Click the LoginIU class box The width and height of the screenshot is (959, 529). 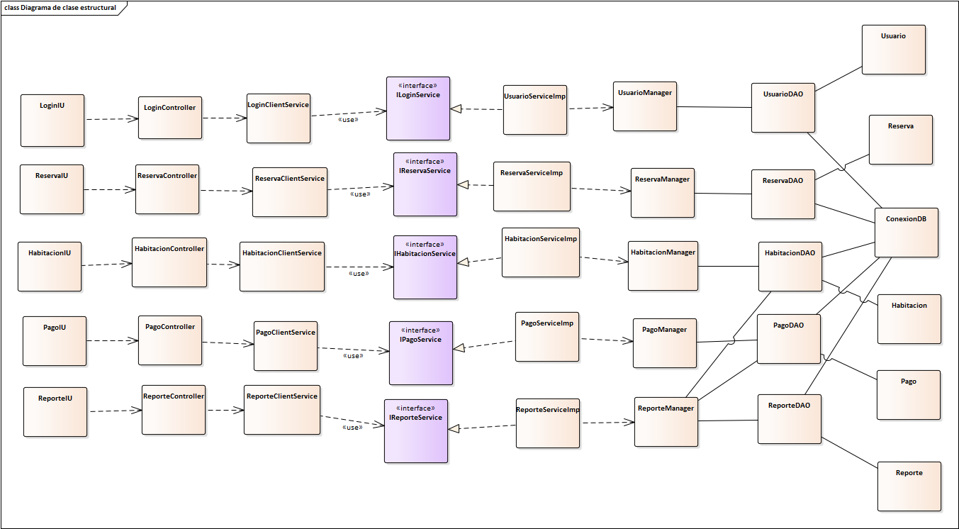[x=52, y=120]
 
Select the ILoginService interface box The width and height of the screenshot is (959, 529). [x=417, y=108]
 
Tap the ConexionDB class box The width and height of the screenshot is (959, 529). [x=906, y=232]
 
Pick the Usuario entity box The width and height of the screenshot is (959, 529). [x=893, y=49]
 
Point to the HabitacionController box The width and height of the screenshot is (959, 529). [x=169, y=262]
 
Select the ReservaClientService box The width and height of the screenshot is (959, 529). [x=289, y=191]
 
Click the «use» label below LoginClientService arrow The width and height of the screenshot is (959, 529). [x=348, y=120]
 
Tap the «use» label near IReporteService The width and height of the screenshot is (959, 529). [x=352, y=428]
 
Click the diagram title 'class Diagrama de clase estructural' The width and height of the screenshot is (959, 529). [x=60, y=8]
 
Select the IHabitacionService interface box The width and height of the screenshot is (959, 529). [x=425, y=267]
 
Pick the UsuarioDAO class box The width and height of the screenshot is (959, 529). [x=783, y=107]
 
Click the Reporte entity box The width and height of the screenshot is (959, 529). [x=909, y=486]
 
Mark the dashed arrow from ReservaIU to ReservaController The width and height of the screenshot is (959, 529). [x=109, y=189]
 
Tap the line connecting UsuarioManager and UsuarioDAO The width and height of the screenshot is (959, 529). [x=714, y=107]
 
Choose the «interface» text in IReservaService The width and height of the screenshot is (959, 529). [x=425, y=162]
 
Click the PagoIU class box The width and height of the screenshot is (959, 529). [x=54, y=340]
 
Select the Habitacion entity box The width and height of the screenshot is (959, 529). [x=909, y=318]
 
